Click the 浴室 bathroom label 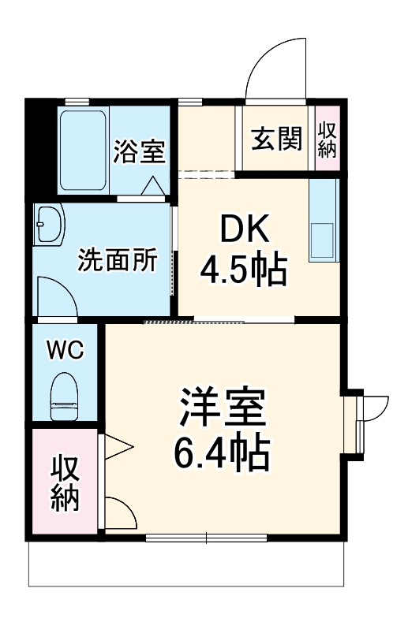click(x=139, y=151)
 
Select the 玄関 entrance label click(x=276, y=139)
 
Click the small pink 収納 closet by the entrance click(x=328, y=139)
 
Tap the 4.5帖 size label click(x=242, y=271)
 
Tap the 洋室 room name click(x=220, y=408)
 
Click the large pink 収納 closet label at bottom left click(x=66, y=483)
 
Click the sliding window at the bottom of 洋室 click(x=207, y=539)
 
